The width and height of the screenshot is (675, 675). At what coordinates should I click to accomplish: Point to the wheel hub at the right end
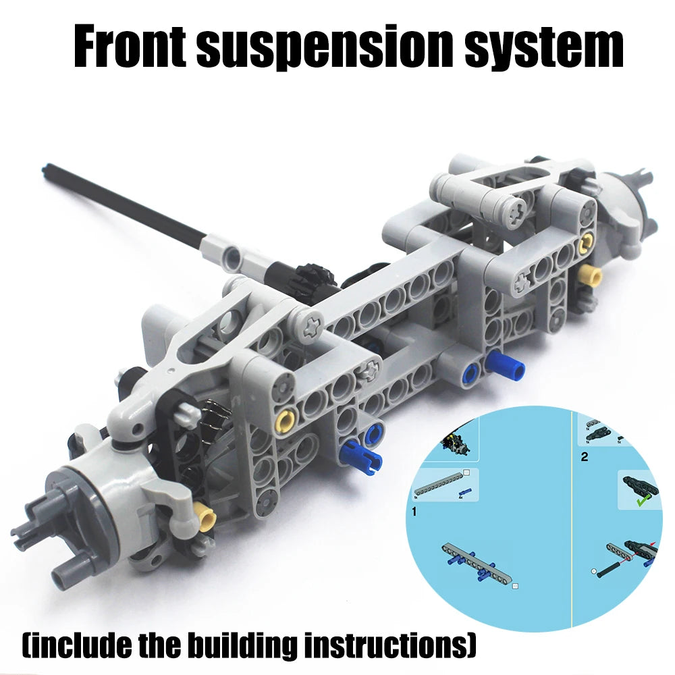pyautogui.click(x=629, y=202)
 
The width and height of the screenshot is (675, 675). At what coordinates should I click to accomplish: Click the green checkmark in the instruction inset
pyautogui.click(x=643, y=501)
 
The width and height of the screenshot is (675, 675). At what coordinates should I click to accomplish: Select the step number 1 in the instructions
pyautogui.click(x=414, y=512)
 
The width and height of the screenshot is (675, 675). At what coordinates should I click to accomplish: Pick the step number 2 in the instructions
pyautogui.click(x=584, y=456)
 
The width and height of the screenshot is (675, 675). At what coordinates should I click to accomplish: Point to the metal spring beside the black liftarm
pyautogui.click(x=212, y=412)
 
